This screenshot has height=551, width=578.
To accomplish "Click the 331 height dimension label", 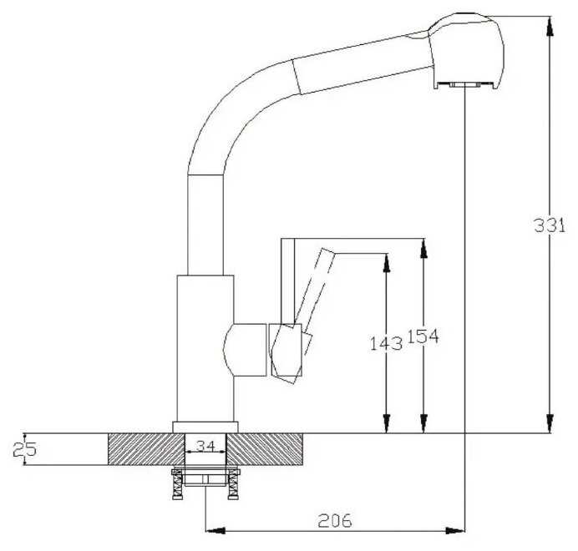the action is [x=550, y=225].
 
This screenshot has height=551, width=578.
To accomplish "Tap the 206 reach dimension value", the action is [x=335, y=520].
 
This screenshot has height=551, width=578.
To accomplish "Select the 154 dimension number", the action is [x=423, y=336].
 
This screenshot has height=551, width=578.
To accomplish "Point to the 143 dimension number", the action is [x=386, y=343].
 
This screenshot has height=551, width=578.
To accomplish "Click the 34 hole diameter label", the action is [x=205, y=447].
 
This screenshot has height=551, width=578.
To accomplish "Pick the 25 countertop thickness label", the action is [x=24, y=449].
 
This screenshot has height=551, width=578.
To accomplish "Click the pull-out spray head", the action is [x=466, y=51].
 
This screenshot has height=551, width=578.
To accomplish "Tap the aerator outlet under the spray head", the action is [x=465, y=85].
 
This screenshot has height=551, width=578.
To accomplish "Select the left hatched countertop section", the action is [x=146, y=449].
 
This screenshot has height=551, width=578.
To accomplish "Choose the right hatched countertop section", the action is [x=265, y=449].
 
